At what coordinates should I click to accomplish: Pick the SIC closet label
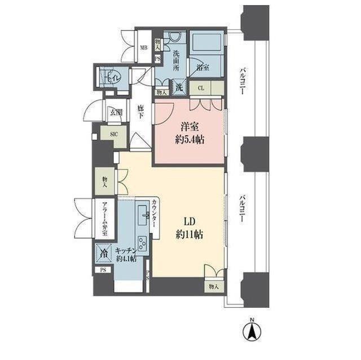[113, 134]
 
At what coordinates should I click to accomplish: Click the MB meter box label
[144, 48]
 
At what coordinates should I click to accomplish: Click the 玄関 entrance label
[116, 112]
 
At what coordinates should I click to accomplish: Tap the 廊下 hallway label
[142, 109]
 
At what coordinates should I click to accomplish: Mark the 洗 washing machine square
[178, 87]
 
